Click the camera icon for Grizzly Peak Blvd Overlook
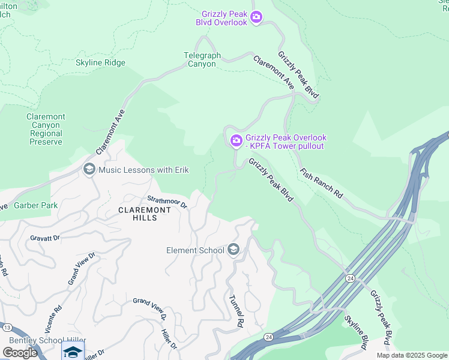(256, 17)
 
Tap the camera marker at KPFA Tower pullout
(236, 141)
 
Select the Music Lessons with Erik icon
(89, 170)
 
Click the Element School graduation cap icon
(234, 250)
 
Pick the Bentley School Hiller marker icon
(73, 352)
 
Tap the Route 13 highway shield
(7, 328)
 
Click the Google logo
(20, 353)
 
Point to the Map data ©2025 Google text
(412, 355)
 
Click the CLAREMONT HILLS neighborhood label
(144, 214)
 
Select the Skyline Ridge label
(100, 63)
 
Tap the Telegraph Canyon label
(202, 59)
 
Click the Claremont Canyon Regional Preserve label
(46, 129)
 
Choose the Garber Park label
(35, 205)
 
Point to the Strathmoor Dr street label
(168, 202)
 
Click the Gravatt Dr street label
(45, 238)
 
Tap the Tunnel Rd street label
(235, 311)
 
